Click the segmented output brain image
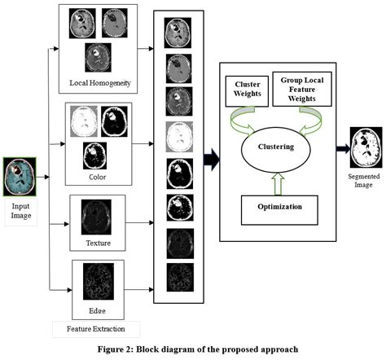365,149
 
